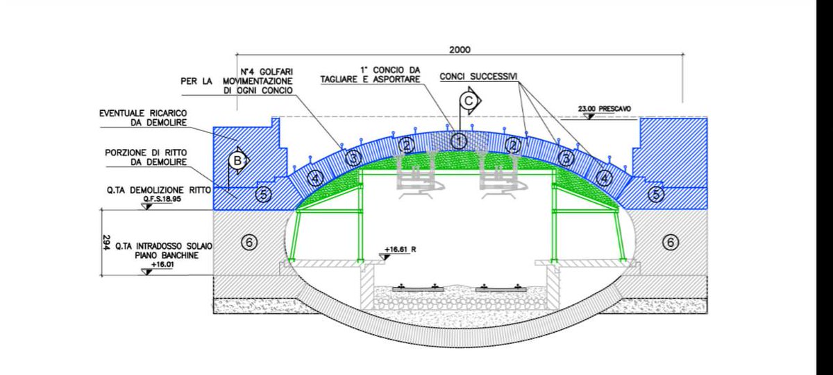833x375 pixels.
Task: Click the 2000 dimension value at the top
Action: coord(460,50)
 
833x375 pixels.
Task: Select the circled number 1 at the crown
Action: coord(458,141)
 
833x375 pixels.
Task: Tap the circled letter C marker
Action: coord(470,101)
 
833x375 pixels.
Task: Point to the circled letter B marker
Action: coord(237,162)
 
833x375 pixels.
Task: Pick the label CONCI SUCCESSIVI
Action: coord(478,76)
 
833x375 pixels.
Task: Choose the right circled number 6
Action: coord(671,242)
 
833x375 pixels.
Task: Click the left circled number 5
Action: coord(263,195)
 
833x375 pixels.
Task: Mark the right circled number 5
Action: coord(656,195)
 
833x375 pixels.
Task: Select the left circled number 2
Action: coord(407,145)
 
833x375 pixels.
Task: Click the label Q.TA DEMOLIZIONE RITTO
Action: coord(159,189)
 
